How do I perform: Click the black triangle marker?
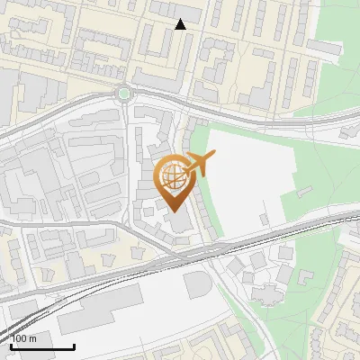point(181,24)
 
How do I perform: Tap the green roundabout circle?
point(123,93)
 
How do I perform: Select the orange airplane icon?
point(199,163)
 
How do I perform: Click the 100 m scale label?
point(25,338)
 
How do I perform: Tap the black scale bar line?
point(42,346)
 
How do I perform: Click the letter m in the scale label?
point(33,338)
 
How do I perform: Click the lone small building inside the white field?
point(264,218)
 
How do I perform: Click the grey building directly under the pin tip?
point(177,223)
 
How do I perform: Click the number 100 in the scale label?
point(20,338)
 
